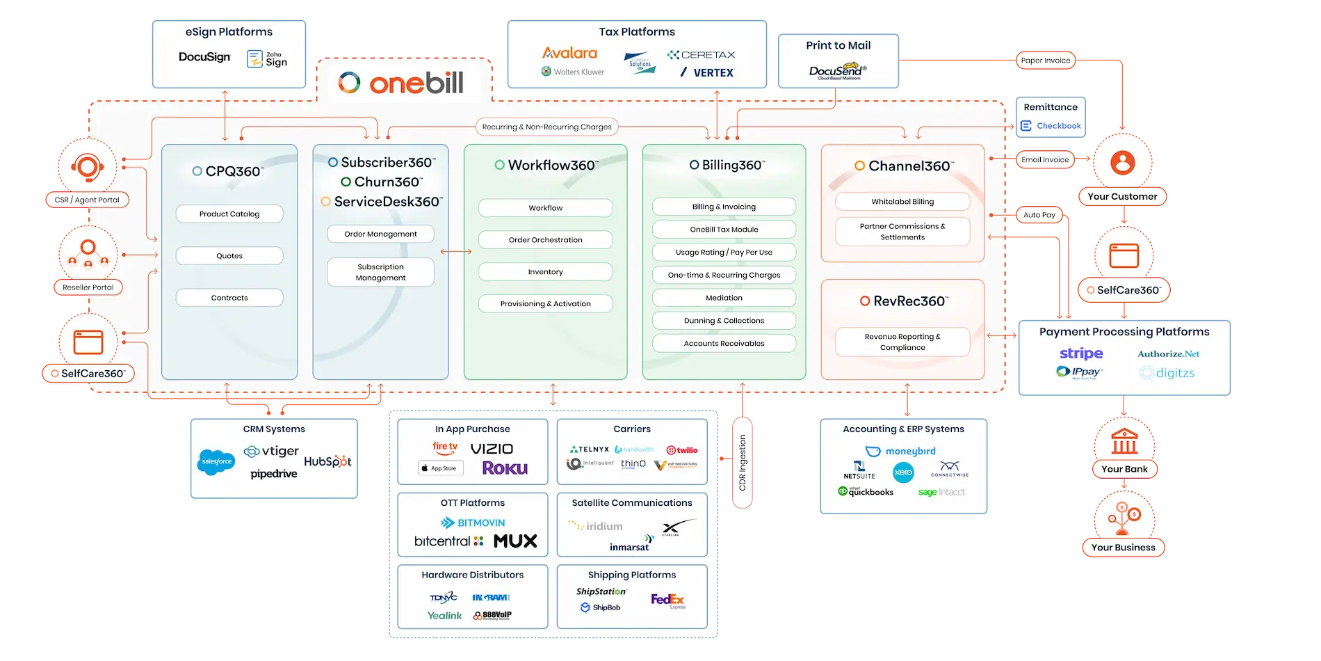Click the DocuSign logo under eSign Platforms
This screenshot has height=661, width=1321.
click(x=204, y=57)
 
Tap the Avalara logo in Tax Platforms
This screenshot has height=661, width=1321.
click(x=569, y=53)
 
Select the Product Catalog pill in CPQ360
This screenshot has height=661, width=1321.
click(x=229, y=214)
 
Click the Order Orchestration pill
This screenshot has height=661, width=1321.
click(x=545, y=240)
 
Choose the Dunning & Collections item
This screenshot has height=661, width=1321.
click(x=724, y=321)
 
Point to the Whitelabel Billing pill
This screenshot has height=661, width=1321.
click(x=902, y=202)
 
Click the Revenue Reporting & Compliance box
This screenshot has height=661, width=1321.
click(x=902, y=342)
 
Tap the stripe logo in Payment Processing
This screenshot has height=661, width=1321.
click(x=1081, y=353)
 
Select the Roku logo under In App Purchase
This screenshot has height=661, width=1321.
click(x=505, y=468)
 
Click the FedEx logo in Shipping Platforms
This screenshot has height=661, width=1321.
click(x=667, y=599)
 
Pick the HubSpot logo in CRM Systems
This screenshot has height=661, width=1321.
click(x=327, y=461)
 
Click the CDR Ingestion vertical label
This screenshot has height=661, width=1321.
click(x=743, y=463)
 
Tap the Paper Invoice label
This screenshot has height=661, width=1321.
click(x=1045, y=61)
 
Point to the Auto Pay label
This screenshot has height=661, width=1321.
click(x=1039, y=215)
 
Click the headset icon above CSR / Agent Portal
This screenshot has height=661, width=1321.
click(x=87, y=168)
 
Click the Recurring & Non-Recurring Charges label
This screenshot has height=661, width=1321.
click(x=546, y=127)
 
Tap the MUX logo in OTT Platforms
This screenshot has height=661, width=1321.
click(x=515, y=541)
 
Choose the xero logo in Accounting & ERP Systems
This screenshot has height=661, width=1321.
click(x=903, y=472)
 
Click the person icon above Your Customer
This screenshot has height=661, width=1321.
click(x=1122, y=163)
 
